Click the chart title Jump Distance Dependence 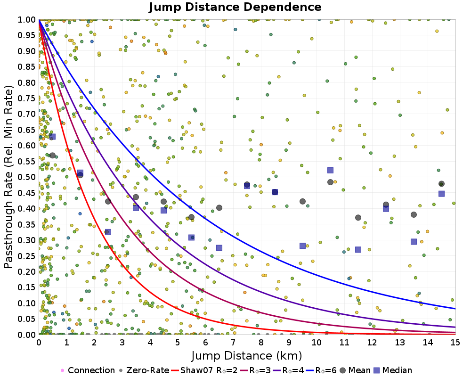click(x=235, y=8)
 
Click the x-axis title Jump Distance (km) click(x=247, y=355)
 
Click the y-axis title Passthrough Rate click(x=9, y=177)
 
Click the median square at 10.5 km click(x=330, y=170)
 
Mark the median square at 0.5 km click(x=53, y=137)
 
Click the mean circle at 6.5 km click(x=219, y=208)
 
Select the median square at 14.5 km click(x=441, y=194)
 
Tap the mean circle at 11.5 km click(x=358, y=218)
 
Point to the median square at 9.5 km click(x=302, y=246)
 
